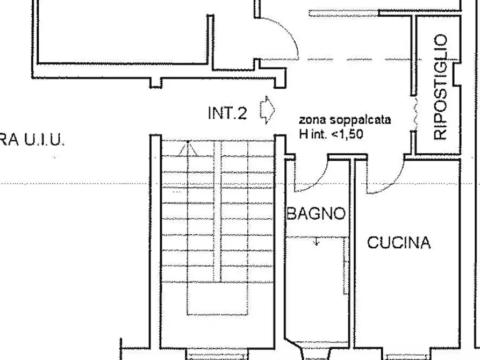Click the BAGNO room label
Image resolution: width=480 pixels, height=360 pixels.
point(316,214)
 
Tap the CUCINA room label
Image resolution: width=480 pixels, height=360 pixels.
point(399,243)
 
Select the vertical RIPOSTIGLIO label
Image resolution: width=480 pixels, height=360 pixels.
point(440,87)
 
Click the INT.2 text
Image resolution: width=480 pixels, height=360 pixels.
point(227,113)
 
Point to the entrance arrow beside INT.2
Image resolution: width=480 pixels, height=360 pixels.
point(267,110)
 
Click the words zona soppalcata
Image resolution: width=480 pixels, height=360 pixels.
point(345,120)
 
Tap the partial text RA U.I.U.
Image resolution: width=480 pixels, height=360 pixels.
point(32,141)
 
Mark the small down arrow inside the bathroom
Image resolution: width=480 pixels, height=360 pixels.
point(317,242)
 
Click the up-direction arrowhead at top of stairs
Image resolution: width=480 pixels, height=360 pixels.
point(188,146)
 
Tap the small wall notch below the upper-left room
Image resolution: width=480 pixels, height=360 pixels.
point(155,83)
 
